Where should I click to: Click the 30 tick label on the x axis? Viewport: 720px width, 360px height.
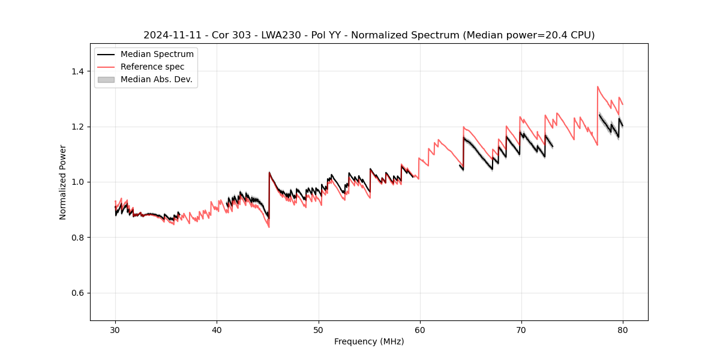(115, 330)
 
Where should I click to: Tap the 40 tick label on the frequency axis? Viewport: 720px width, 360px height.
(217, 330)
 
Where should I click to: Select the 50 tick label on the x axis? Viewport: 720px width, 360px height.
(318, 330)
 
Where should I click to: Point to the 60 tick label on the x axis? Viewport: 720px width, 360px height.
(419, 330)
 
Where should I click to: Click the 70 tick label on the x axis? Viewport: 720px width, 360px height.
(521, 330)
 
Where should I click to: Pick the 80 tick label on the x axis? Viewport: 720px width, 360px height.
(622, 330)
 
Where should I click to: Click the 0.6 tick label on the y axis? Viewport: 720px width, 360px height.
(77, 293)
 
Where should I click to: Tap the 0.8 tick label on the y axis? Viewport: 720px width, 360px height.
(77, 238)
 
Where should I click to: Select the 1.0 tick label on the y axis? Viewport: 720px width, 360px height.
(77, 182)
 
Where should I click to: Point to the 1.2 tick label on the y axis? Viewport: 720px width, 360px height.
(77, 127)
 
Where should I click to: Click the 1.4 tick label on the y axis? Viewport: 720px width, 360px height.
(77, 71)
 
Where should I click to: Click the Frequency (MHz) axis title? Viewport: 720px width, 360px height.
(369, 341)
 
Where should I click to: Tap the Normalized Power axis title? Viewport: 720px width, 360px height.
(62, 182)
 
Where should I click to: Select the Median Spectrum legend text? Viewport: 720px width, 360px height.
(157, 55)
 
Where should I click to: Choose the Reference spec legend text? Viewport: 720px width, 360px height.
(152, 67)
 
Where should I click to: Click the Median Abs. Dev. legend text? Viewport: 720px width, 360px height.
(156, 79)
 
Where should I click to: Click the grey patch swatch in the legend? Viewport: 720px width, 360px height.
(106, 79)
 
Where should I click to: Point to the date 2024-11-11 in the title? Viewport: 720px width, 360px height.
(168, 35)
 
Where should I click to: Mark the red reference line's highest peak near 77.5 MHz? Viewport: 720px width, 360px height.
(598, 86)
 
